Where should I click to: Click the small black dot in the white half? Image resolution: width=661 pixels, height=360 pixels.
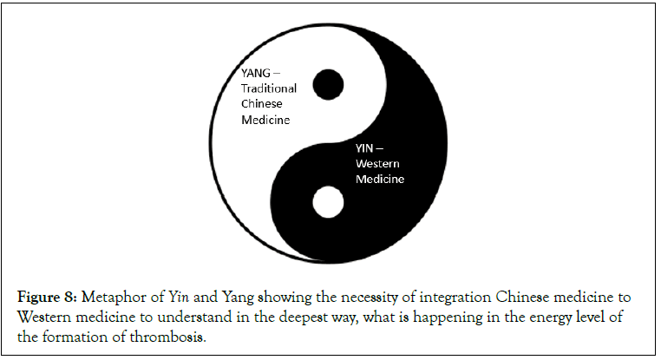(328, 84)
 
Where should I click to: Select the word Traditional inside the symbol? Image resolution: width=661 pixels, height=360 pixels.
(269, 89)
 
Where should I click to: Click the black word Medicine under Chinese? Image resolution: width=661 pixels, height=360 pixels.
(265, 121)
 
